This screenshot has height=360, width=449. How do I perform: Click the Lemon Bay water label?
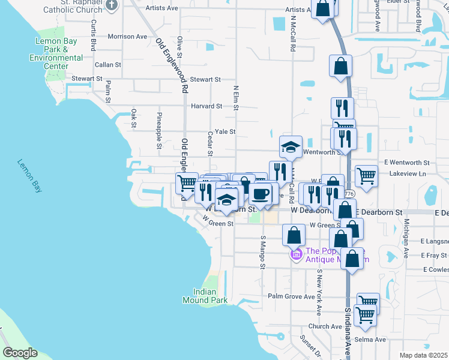pos(29,175)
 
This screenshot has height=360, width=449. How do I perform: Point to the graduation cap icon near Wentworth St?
pos(291,146)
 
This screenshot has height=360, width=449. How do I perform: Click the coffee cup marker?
pos(261,193)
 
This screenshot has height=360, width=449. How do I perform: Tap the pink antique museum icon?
pos(296,255)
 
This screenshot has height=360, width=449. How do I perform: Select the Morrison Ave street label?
pos(127,37)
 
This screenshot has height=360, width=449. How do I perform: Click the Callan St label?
pos(108,64)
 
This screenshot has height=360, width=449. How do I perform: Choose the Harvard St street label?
pos(206,106)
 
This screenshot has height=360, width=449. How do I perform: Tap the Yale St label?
pos(225,132)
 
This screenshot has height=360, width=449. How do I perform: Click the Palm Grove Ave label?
pos(291,296)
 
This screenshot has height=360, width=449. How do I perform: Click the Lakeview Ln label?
pos(407,173)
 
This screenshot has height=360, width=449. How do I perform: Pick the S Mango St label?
pos(262,253)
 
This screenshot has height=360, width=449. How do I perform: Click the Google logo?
pos(20,353)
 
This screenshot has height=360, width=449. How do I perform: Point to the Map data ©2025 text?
pos(423,355)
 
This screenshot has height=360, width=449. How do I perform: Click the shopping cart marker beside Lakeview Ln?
pos(366,176)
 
